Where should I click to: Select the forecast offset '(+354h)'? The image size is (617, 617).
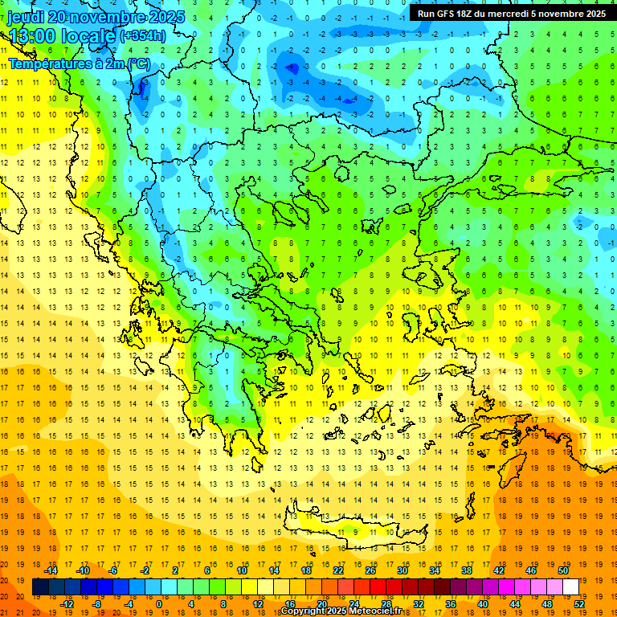tap(143, 36)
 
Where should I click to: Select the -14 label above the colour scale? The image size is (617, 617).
tap(51, 570)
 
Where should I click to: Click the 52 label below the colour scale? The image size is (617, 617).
tap(579, 604)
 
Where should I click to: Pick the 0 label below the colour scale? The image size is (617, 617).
tap(159, 604)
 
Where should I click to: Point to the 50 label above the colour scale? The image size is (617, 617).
tap(563, 570)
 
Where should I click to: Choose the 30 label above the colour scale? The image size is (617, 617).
tap(402, 570)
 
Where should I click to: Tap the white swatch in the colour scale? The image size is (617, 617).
tap(570, 587)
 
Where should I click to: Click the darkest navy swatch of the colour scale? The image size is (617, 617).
tap(40, 587)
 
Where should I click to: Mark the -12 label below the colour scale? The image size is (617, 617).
tap(67, 604)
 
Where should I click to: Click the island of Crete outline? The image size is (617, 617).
tap(353, 530)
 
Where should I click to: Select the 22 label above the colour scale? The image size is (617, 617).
tap(338, 570)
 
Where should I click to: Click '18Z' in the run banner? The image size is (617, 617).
tap(467, 14)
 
